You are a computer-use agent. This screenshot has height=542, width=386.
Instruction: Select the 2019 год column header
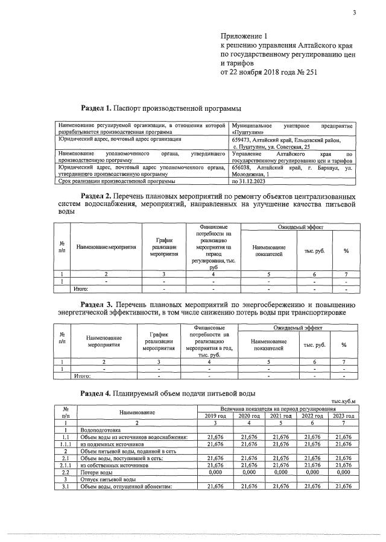point(215,416)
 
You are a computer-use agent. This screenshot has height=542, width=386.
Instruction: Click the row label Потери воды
point(95,472)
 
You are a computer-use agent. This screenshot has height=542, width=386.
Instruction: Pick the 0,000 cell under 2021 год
point(280,472)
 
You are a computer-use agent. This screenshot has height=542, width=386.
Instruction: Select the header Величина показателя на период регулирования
point(279,409)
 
